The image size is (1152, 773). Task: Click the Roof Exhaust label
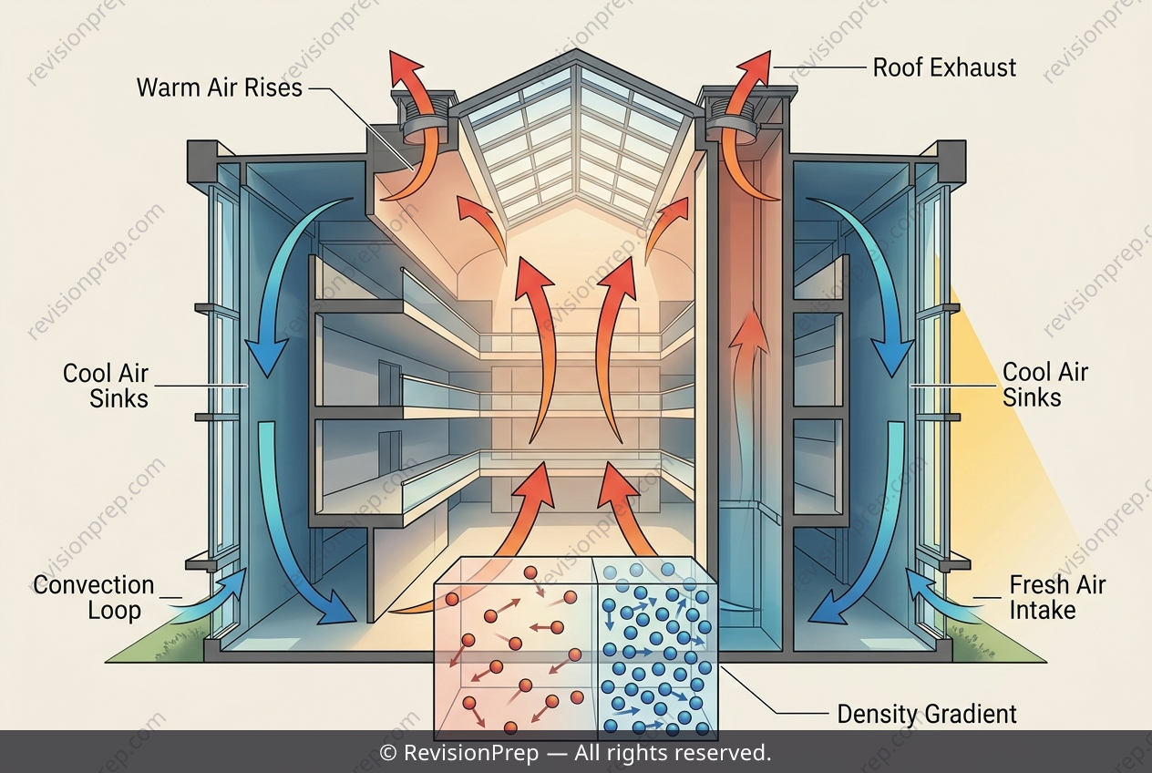944,67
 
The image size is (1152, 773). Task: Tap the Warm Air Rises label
220,88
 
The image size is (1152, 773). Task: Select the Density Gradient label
927,714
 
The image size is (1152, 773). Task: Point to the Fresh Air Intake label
1057,598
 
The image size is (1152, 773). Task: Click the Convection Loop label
94,598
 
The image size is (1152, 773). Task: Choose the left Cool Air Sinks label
106,386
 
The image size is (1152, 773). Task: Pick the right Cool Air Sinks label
1045,385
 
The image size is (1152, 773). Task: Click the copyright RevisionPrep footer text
575,753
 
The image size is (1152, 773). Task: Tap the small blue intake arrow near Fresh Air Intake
946,596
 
